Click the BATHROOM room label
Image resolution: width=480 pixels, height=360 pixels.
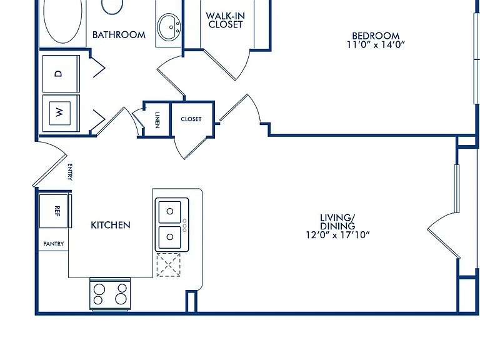pyautogui.click(x=119, y=35)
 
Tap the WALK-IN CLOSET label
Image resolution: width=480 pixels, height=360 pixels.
pyautogui.click(x=225, y=20)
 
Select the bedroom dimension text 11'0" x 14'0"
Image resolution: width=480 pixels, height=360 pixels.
pyautogui.click(x=376, y=45)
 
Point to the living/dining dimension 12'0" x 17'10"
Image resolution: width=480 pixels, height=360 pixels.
pyautogui.click(x=337, y=235)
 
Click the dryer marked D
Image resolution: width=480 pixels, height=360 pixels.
pyautogui.click(x=61, y=74)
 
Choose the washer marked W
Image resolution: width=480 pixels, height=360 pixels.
pyautogui.click(x=61, y=113)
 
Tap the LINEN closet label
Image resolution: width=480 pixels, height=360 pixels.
pyautogui.click(x=157, y=120)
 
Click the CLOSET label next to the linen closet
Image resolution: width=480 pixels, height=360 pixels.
pyautogui.click(x=191, y=119)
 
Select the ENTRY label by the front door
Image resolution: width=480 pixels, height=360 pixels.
pyautogui.click(x=70, y=172)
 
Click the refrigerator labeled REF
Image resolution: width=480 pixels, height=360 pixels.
pyautogui.click(x=54, y=211)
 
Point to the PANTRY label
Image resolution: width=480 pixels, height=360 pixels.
pyautogui.click(x=54, y=244)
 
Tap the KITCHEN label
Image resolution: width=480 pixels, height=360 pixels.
pyautogui.click(x=111, y=225)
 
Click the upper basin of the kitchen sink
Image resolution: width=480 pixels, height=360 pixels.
pyautogui.click(x=169, y=211)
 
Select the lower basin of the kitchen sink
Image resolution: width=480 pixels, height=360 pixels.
pyautogui.click(x=169, y=237)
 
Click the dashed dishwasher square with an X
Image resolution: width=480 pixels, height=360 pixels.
pyautogui.click(x=168, y=265)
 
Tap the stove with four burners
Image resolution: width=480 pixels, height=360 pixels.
pyautogui.click(x=110, y=294)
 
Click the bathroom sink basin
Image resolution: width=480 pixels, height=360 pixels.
pyautogui.click(x=169, y=26)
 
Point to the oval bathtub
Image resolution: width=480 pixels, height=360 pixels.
pyautogui.click(x=62, y=21)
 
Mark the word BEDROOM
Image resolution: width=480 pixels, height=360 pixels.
pyautogui.click(x=376, y=36)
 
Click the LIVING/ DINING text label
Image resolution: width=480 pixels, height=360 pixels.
pyautogui.click(x=337, y=222)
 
